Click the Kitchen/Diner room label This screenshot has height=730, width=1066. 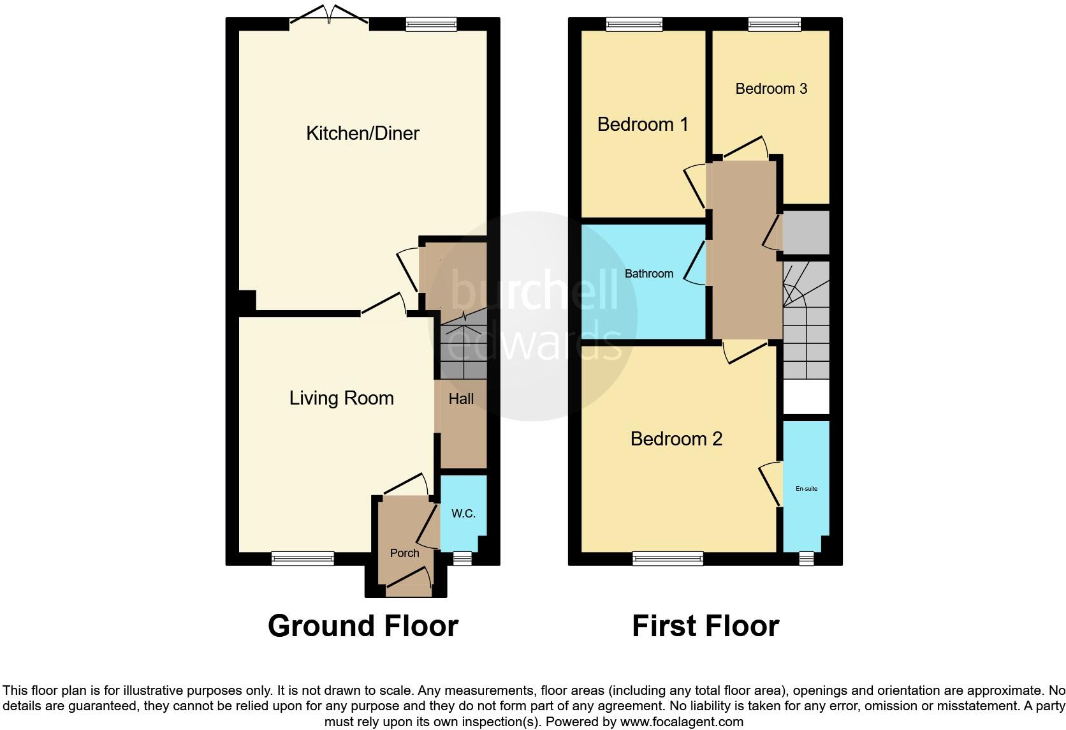(363, 133)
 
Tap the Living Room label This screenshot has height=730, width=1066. (342, 398)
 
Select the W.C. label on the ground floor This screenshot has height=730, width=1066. (464, 513)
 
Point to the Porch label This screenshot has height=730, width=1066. (404, 553)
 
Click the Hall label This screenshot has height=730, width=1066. (461, 399)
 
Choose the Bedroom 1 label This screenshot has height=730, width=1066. (643, 124)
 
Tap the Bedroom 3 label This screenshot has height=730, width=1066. (771, 89)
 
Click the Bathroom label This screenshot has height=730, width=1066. (648, 274)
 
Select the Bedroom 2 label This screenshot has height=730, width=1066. (676, 438)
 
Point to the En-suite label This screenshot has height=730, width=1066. (807, 489)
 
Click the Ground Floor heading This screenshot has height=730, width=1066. (363, 626)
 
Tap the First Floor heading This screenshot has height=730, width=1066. (706, 626)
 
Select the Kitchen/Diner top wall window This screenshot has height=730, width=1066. (431, 24)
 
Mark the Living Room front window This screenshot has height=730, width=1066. (303, 558)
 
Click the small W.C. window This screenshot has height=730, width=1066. (463, 558)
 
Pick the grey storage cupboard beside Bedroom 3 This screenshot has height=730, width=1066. (806, 233)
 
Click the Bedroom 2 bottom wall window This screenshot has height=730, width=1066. (668, 558)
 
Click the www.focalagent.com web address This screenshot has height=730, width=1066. (682, 722)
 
